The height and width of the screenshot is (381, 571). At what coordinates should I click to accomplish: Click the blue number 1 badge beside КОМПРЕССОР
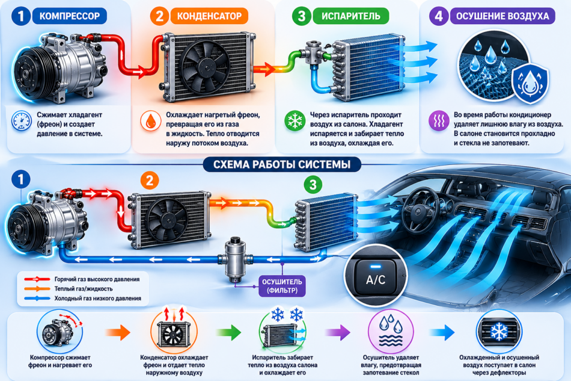[21, 16]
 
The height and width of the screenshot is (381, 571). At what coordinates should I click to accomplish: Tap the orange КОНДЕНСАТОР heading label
[209, 16]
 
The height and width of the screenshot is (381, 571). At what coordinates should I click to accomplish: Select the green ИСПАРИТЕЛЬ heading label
[350, 16]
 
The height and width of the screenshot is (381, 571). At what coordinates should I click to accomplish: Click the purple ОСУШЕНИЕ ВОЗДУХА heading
[502, 16]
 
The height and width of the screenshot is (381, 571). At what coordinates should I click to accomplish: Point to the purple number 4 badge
[439, 16]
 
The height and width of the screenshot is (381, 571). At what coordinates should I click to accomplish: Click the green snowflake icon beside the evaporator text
[295, 121]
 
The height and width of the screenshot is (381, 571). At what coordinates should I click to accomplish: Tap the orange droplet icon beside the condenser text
[150, 121]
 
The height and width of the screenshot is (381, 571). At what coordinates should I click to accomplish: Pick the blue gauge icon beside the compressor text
[21, 121]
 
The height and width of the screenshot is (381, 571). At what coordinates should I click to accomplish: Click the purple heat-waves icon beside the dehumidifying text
[439, 121]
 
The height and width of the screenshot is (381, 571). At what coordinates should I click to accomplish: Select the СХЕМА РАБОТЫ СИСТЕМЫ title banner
[282, 164]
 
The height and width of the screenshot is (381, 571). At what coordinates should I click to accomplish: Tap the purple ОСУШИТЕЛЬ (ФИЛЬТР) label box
[282, 286]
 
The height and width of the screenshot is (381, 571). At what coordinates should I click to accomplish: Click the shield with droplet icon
[530, 84]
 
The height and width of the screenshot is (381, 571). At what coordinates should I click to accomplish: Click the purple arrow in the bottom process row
[338, 332]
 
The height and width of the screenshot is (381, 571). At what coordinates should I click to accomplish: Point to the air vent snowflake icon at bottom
[499, 331]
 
